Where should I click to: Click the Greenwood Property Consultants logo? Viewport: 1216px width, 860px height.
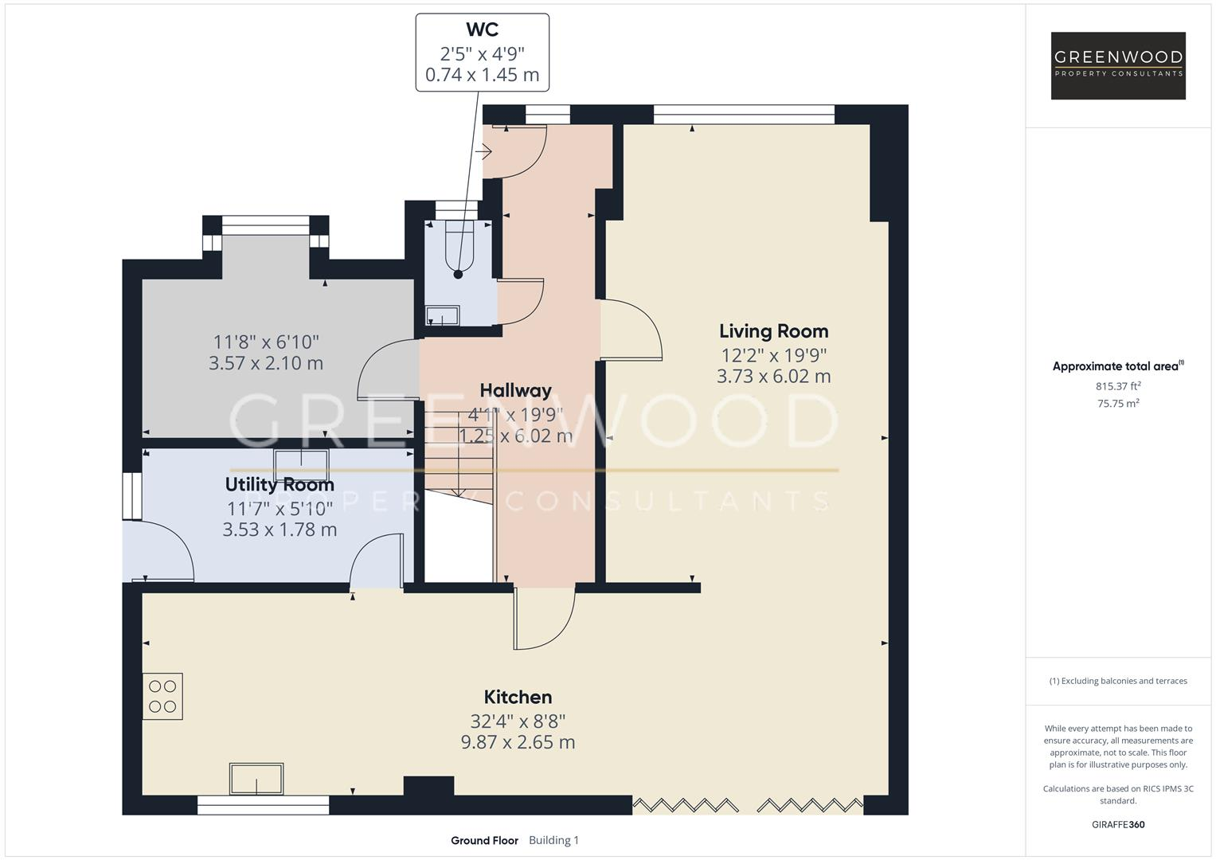click(x=1118, y=65)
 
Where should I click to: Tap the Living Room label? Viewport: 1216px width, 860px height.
click(x=773, y=331)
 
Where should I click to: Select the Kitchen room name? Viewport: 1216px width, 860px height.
click(x=518, y=697)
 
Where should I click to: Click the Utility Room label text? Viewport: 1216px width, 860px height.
click(x=280, y=484)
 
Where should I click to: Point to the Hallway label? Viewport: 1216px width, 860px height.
click(x=516, y=390)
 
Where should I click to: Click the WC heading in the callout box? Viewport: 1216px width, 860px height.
click(x=482, y=29)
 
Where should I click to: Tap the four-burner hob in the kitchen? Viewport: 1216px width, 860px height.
click(x=163, y=697)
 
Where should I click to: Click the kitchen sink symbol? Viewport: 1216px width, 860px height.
click(x=256, y=779)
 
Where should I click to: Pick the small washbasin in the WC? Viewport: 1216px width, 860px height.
click(x=443, y=315)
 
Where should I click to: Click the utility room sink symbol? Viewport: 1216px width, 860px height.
click(x=301, y=465)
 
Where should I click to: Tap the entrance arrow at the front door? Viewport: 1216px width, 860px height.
click(x=483, y=151)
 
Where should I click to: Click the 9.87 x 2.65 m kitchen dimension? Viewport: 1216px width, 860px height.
click(x=518, y=742)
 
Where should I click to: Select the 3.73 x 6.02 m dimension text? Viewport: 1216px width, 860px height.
click(x=773, y=376)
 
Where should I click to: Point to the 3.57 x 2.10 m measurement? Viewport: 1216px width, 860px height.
click(x=266, y=362)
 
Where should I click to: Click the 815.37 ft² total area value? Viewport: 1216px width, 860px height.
click(x=1118, y=386)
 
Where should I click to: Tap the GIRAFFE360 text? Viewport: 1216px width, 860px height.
click(x=1118, y=825)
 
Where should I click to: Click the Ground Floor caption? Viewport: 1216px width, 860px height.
click(x=484, y=840)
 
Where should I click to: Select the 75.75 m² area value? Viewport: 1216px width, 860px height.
click(x=1118, y=404)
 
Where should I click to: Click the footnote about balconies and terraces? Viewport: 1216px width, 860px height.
click(x=1118, y=681)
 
